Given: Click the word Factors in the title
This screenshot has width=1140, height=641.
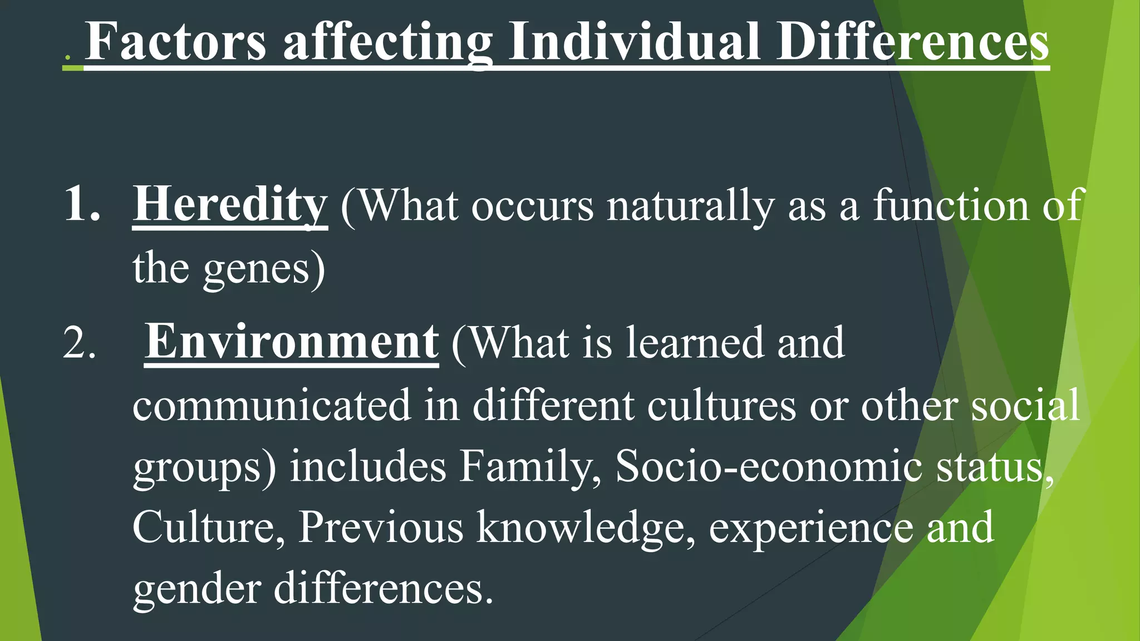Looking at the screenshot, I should (x=176, y=41).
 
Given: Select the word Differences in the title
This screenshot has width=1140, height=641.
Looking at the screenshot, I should (x=912, y=41).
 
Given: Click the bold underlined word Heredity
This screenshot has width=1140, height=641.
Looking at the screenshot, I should (x=230, y=205).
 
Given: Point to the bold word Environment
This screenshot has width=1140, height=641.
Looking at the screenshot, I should (x=291, y=342).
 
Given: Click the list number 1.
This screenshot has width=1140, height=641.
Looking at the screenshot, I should (x=82, y=205).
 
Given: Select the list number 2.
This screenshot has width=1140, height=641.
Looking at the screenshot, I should (x=79, y=343).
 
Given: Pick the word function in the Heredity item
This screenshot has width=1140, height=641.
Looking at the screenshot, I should (x=951, y=205).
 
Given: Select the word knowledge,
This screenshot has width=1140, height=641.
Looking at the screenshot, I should (x=586, y=527).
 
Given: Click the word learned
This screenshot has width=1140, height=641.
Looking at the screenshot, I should (x=695, y=343).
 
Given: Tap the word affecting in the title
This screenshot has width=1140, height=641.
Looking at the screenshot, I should (x=388, y=42).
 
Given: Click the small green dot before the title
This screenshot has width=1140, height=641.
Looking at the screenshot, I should (x=67, y=58).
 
